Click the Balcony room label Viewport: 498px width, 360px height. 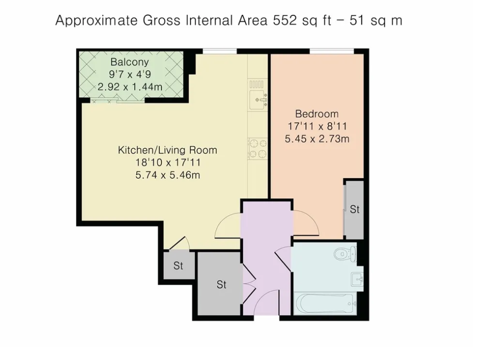tap(130, 63)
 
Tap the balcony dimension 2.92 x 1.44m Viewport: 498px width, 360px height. tap(130, 87)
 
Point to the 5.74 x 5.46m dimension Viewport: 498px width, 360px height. tap(167, 175)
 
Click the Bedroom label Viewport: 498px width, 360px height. tap(317, 114)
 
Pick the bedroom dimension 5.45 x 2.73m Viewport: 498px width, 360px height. tap(317, 139)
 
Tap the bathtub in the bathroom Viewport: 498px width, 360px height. tap(325, 303)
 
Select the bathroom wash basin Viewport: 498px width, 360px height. tap(357, 279)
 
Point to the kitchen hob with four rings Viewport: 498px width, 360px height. tap(258, 148)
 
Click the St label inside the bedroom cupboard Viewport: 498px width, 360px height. tap(355, 209)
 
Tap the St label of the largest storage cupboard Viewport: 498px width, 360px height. tap(221, 285)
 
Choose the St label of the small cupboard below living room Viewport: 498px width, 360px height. tap(178, 266)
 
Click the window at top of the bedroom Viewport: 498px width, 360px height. tap(332, 50)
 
